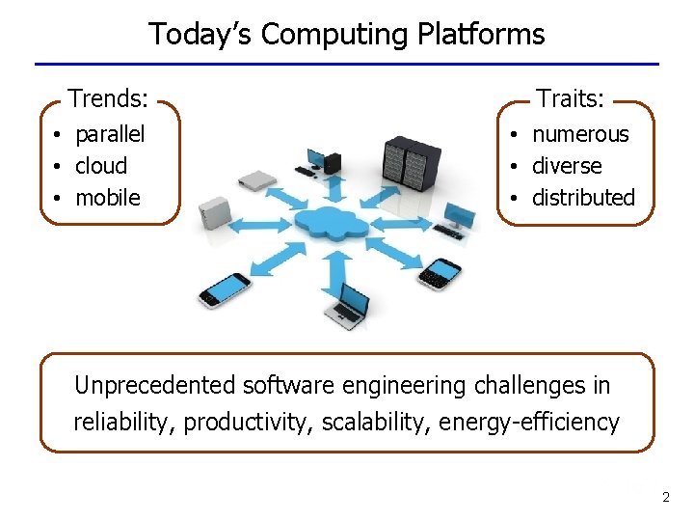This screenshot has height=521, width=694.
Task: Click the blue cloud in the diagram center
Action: tap(332, 224)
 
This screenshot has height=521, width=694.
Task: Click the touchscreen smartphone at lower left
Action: tap(224, 289)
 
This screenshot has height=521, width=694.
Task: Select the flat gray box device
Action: tap(257, 179)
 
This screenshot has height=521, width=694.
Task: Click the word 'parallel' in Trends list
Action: tap(110, 134)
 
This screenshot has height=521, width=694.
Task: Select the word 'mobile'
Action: tap(108, 198)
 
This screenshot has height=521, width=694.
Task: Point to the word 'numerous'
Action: tap(580, 134)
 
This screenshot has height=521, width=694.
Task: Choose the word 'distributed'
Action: tap(583, 198)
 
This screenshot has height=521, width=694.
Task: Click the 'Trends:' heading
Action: tap(108, 98)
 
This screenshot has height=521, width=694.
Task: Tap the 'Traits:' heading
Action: tap(571, 98)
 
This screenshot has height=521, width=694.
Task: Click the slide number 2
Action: tap(665, 498)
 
